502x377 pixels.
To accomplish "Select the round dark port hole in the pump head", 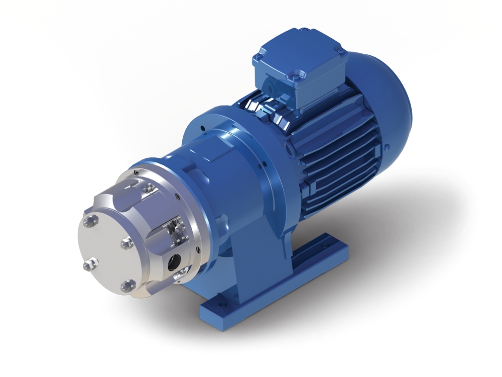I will click(175, 260).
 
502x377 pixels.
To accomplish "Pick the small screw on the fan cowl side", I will click(387, 147).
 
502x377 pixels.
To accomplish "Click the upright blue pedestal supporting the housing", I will click(251, 251).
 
